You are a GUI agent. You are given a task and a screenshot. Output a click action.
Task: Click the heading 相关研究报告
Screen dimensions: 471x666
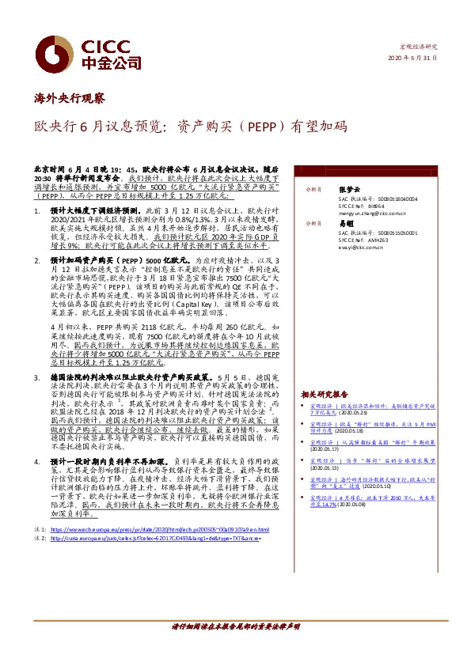click(x=324, y=393)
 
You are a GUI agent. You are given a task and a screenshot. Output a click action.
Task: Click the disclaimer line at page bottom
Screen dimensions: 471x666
click(x=235, y=649)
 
